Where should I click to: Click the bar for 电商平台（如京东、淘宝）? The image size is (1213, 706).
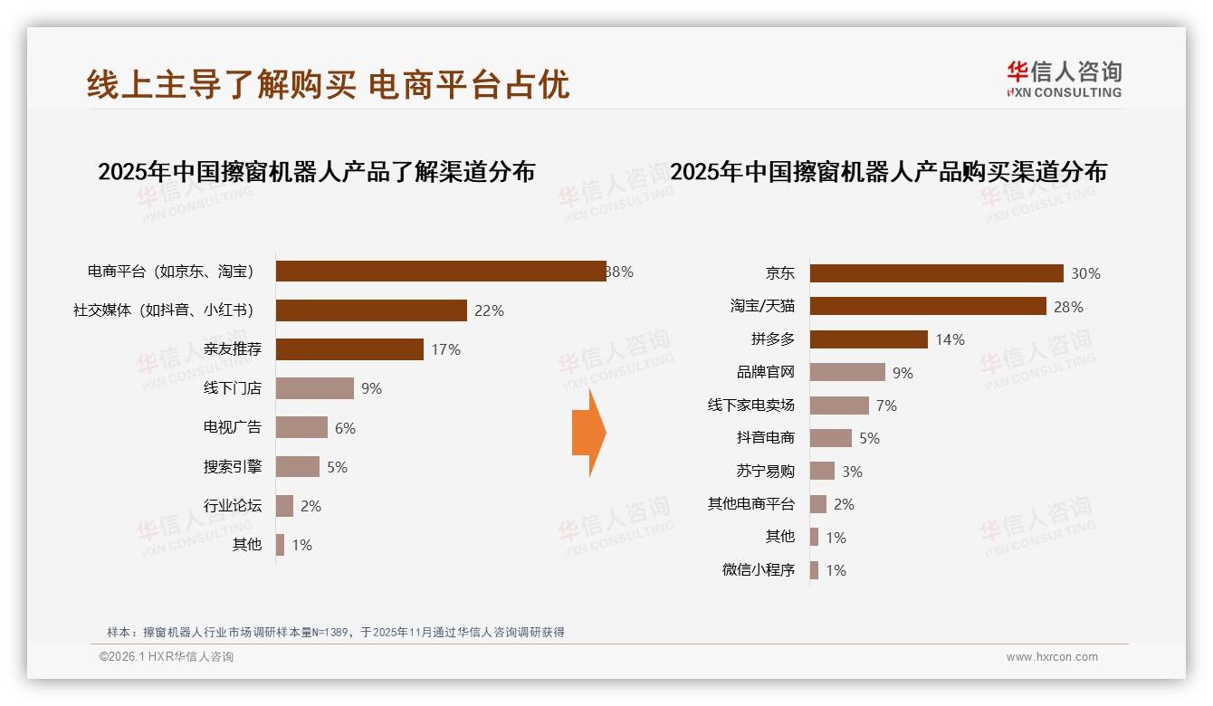click(441, 272)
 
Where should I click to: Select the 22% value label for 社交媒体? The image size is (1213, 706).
click(489, 310)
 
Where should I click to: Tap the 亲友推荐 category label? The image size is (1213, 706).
click(233, 349)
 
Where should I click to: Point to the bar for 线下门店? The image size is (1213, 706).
click(314, 388)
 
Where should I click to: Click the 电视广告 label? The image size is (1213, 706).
click(233, 427)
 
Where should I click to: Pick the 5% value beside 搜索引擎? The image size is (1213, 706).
click(337, 467)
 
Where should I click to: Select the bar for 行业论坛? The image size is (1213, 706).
click(284, 506)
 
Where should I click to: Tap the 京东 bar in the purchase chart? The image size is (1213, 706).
click(936, 273)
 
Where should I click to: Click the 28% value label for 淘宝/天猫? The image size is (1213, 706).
click(1068, 307)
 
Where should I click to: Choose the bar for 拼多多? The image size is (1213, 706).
click(868, 339)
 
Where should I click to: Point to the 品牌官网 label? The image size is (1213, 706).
click(765, 372)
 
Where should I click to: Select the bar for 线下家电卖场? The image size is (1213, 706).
click(839, 405)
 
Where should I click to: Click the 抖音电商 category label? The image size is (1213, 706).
click(765, 438)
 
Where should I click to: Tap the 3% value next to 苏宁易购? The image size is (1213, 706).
click(852, 472)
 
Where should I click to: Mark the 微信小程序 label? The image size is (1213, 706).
click(758, 570)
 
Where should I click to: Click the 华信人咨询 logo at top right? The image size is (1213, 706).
click(1064, 79)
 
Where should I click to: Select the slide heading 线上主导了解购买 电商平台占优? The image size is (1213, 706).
click(329, 84)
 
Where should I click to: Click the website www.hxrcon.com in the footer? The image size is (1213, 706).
click(1052, 657)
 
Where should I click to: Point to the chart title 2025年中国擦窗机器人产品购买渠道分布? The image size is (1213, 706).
click(888, 172)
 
